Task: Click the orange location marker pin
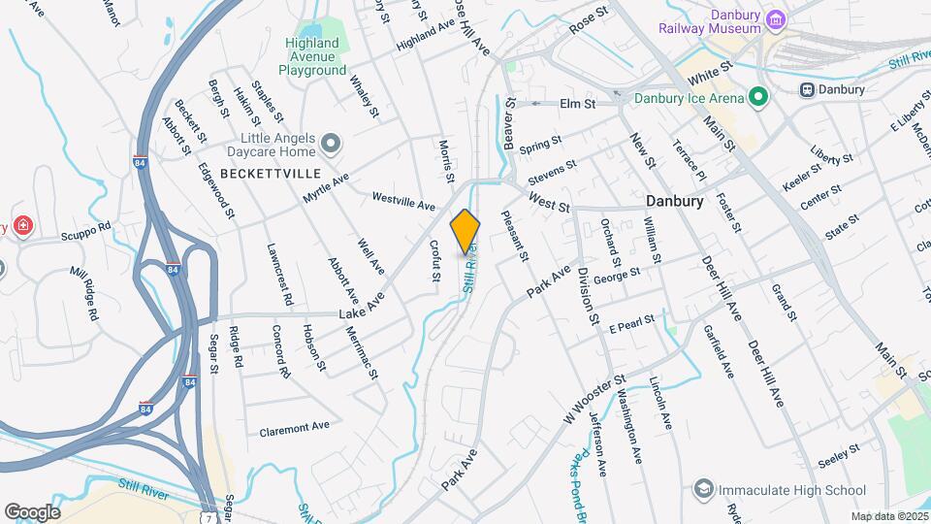click(x=465, y=231)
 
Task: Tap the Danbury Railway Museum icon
click(x=775, y=19)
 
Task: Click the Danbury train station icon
click(x=806, y=90)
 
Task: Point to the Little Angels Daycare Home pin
click(x=331, y=146)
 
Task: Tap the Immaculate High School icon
click(x=704, y=490)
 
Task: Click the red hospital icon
click(x=22, y=227)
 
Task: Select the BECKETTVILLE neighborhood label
click(x=257, y=173)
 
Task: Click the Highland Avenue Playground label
click(x=312, y=57)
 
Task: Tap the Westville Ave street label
click(x=404, y=202)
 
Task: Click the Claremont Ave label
click(x=295, y=427)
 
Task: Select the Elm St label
click(x=576, y=103)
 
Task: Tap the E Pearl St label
click(x=632, y=321)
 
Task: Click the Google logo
click(x=32, y=511)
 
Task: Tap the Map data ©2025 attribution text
click(x=889, y=516)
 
